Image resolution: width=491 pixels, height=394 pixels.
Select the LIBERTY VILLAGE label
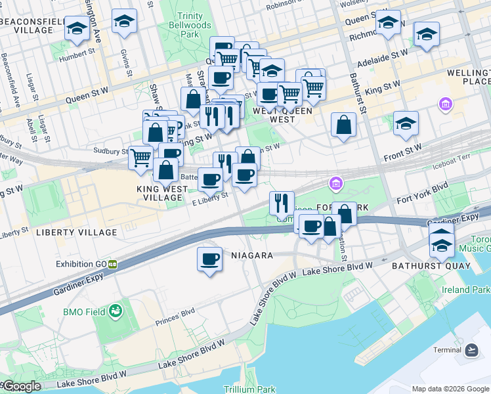coord(68,232)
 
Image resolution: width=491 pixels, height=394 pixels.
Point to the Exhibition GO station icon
coord(113,264)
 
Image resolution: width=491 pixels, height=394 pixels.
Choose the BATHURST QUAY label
coord(431,266)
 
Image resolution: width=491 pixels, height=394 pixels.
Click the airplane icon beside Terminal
coord(471,350)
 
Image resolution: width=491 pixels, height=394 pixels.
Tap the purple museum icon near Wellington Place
coord(446,104)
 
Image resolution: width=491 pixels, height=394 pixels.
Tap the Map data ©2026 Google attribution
coord(450,389)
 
